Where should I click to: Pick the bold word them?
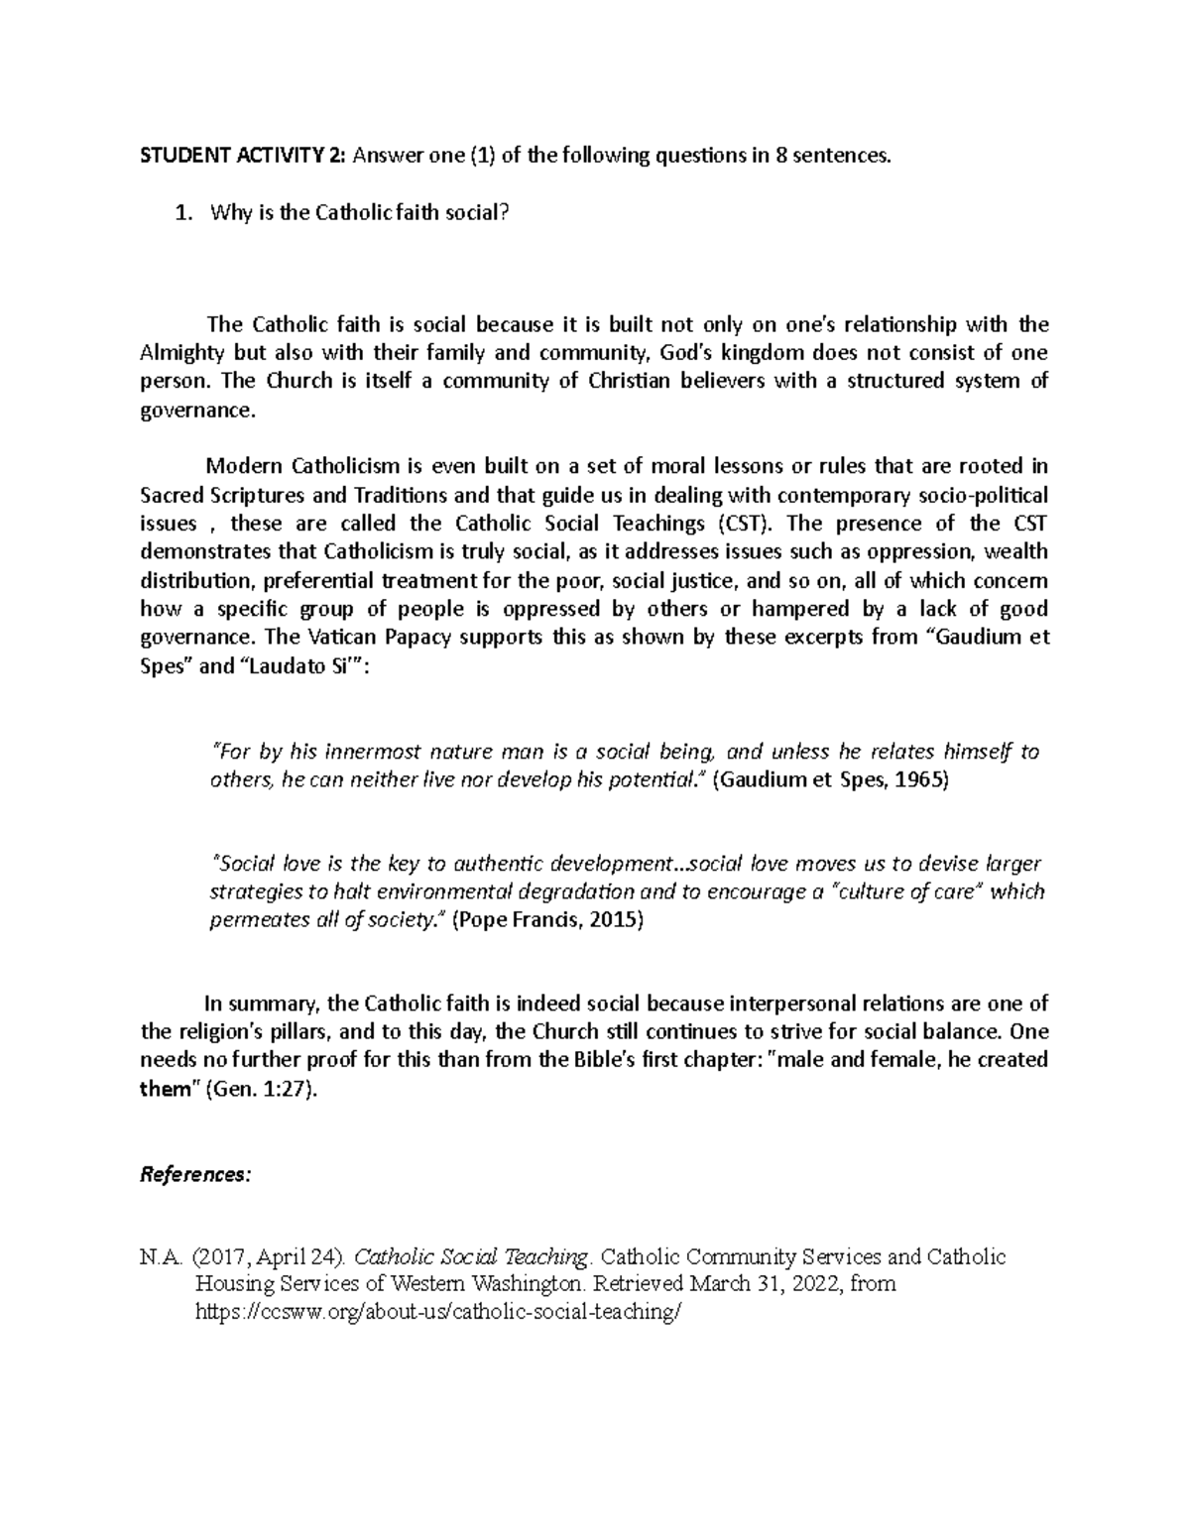pyautogui.click(x=166, y=1089)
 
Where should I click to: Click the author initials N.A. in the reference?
pyautogui.click(x=162, y=1257)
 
